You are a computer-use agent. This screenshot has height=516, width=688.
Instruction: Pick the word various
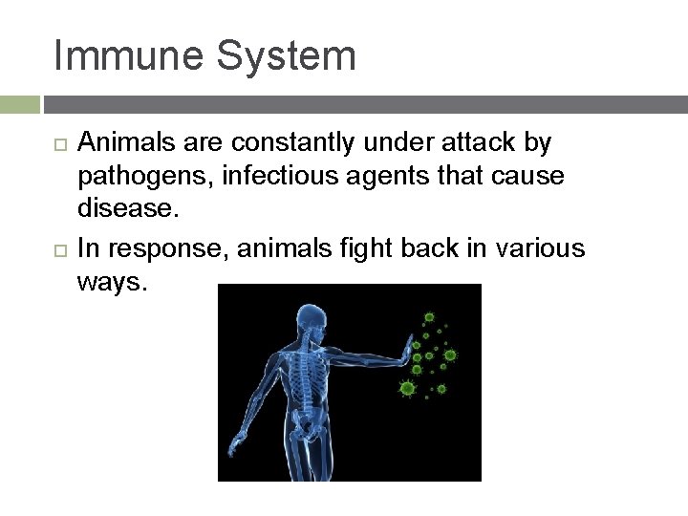pyautogui.click(x=540, y=248)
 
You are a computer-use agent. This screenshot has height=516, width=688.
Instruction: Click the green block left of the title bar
pyautogui.click(x=19, y=104)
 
